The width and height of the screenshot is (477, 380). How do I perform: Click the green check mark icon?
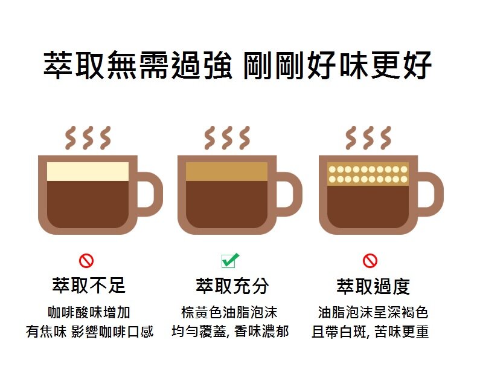coord(230,260)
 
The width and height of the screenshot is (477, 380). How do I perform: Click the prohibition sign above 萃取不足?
coord(86,261)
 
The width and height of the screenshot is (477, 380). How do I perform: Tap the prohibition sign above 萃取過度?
coord(370,261)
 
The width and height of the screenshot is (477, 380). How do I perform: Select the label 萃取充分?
coord(232,286)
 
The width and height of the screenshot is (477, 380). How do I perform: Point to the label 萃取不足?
coord(89,286)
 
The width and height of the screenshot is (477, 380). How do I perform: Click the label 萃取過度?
coord(373,286)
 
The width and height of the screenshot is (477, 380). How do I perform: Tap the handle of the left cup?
coord(150,194)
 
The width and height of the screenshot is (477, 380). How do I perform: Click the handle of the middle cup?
coord(289,194)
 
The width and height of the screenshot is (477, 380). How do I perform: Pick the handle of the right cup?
coord(431,194)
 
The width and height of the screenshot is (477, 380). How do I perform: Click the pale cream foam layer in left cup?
coord(88,171)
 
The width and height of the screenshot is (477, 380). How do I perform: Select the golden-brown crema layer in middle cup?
coord(226,171)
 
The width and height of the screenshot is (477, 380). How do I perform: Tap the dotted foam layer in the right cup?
coord(368,174)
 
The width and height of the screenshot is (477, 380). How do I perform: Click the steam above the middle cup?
coord(227,138)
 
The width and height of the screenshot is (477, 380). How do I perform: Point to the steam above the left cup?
coord(88,138)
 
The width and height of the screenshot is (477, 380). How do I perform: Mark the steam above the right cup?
coord(368,138)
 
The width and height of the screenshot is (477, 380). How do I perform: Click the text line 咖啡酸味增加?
coord(89,312)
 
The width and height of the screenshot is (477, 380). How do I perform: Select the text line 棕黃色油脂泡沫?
coord(229,312)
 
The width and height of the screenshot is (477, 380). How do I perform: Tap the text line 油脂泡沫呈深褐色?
coord(373,312)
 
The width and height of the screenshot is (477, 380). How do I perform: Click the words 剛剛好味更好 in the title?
coord(338,65)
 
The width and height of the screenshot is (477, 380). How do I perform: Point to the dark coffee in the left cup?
coord(88,205)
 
